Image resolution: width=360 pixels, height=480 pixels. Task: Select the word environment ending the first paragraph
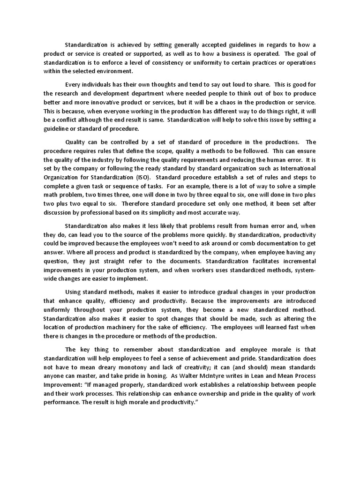click(112, 71)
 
